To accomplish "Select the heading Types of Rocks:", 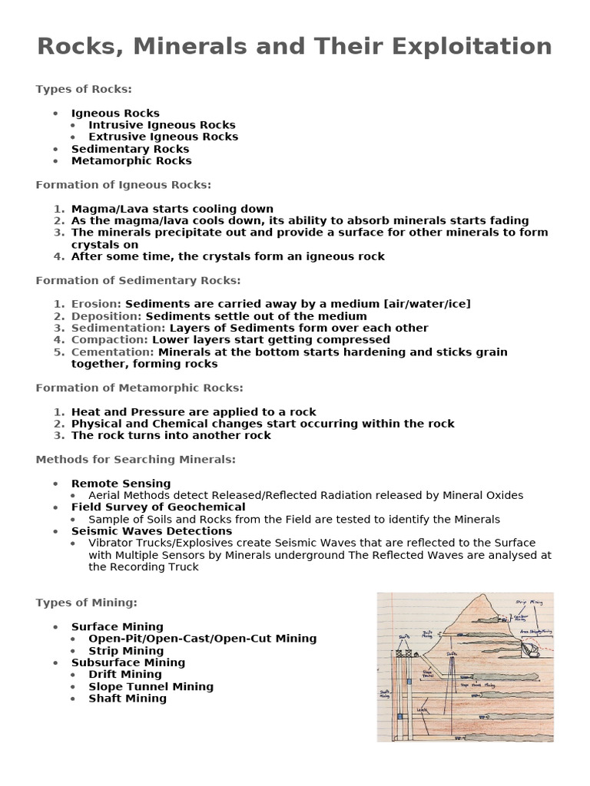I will coord(84,89).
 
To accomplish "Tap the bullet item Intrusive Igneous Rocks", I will coord(162,124).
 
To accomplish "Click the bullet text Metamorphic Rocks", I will coord(131,160).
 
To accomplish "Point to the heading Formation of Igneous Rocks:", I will coord(123,185).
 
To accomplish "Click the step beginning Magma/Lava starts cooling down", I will coord(172,209).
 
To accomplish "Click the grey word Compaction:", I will coord(110,339).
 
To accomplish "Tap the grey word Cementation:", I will coord(113,352).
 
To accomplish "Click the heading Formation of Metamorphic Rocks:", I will coord(140,388).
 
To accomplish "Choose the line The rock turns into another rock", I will coord(171,435).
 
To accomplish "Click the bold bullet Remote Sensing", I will coord(121,484).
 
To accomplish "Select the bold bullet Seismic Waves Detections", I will coord(151,531).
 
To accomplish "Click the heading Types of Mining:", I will coord(86,603).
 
